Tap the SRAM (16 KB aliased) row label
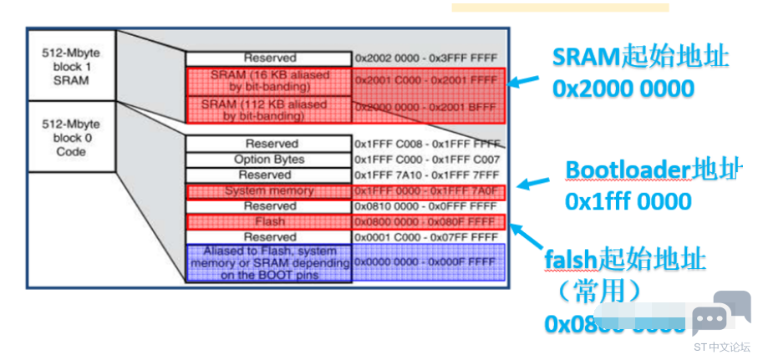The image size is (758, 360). click(x=269, y=81)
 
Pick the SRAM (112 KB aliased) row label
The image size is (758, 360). click(x=269, y=109)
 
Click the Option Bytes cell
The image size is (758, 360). click(x=269, y=160)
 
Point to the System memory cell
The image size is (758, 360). click(x=269, y=190)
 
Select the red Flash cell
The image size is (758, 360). click(x=269, y=221)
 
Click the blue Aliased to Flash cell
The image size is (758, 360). click(x=269, y=262)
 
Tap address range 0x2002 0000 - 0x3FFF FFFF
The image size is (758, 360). click(x=426, y=58)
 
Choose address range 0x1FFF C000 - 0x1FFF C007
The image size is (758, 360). click(x=426, y=160)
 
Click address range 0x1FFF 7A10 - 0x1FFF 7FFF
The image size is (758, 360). click(x=426, y=175)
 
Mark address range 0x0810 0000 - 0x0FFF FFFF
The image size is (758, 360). click(x=426, y=206)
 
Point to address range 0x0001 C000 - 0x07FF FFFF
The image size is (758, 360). click(x=426, y=237)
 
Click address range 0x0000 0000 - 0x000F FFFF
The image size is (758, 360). click(x=426, y=262)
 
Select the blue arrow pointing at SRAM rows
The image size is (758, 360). click(x=525, y=82)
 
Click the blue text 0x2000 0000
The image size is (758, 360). click(x=623, y=88)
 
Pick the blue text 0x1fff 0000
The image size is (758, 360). click(x=628, y=201)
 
